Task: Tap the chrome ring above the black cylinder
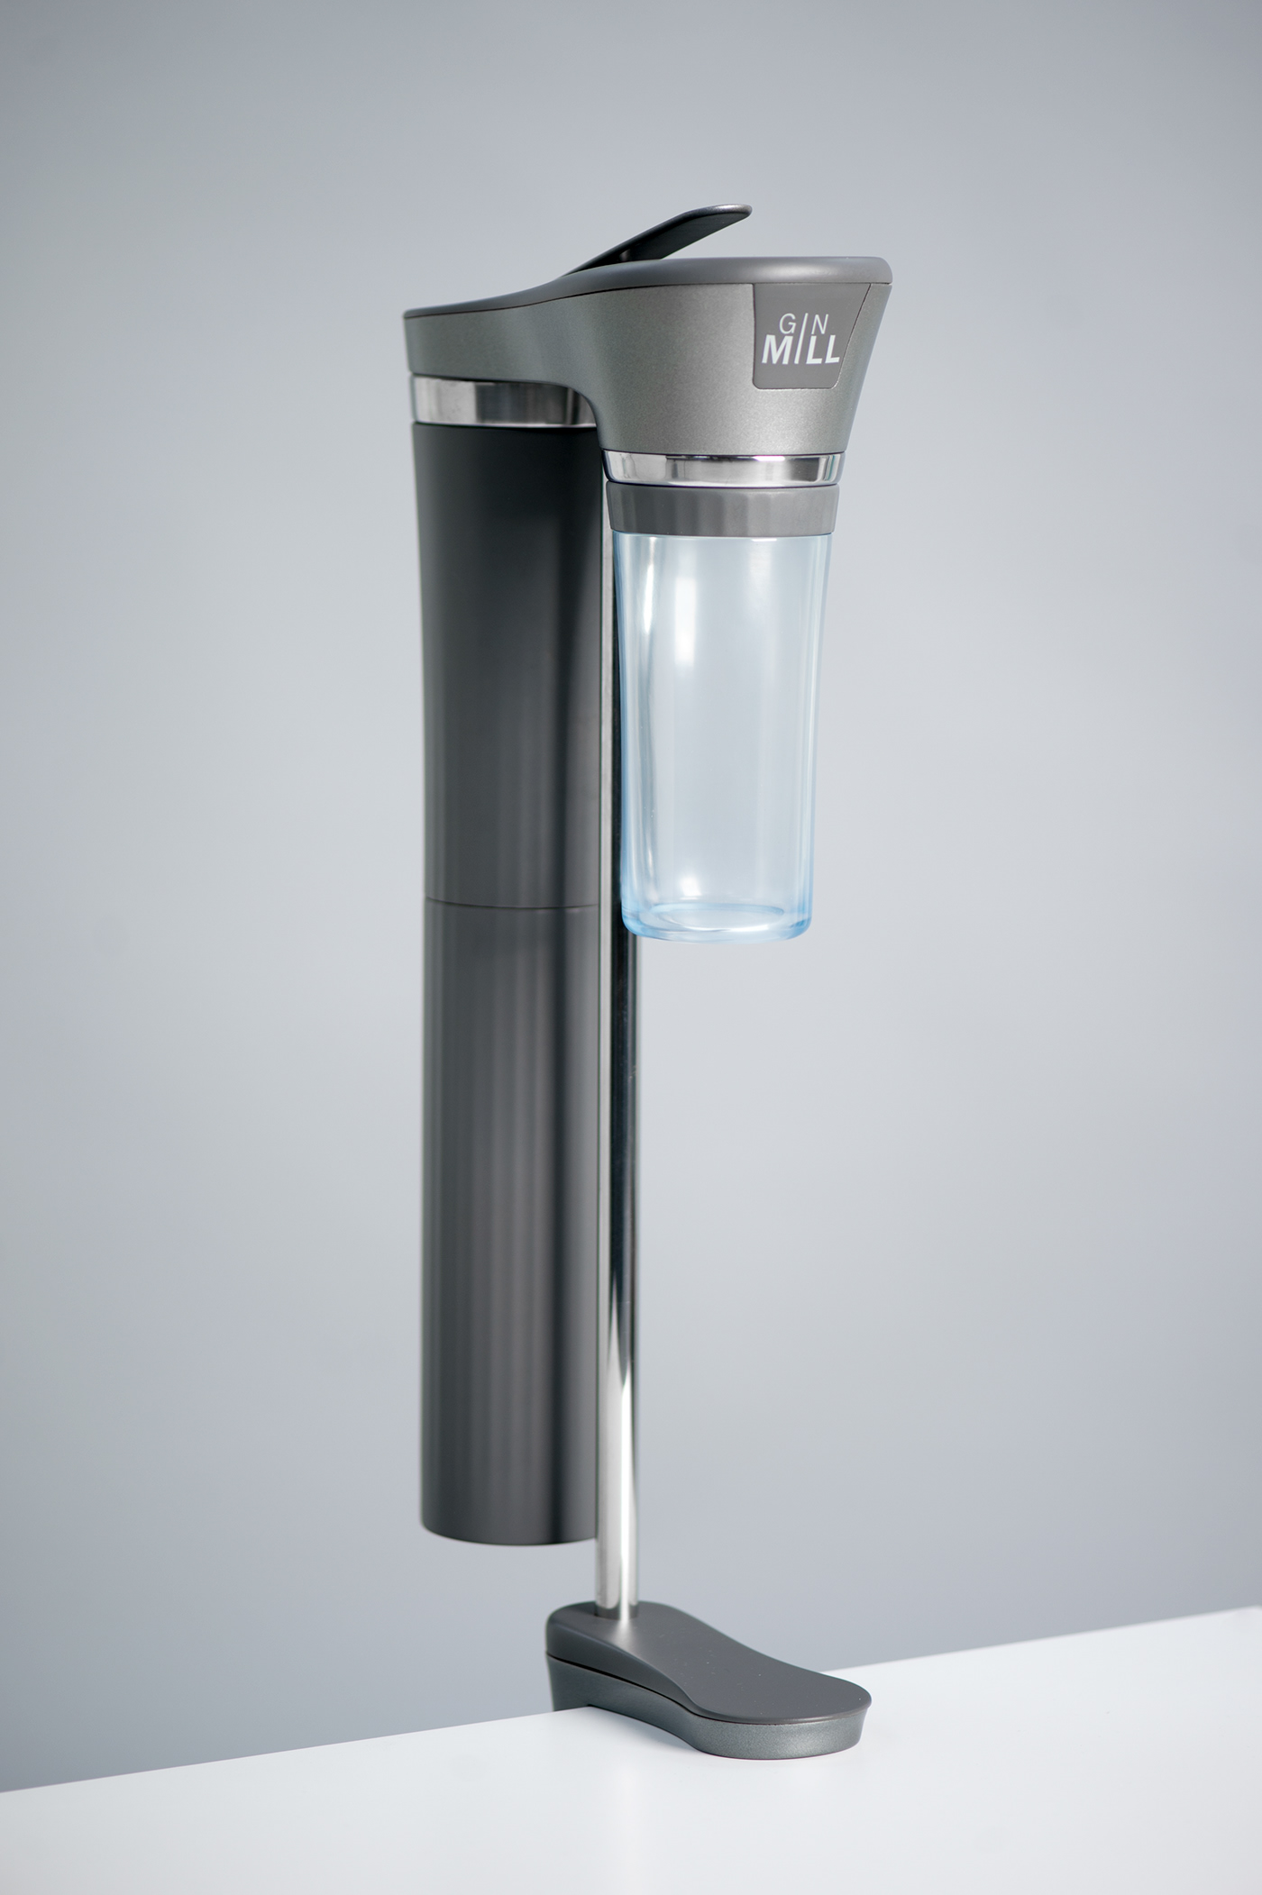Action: click(x=497, y=401)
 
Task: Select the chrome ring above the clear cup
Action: click(x=721, y=468)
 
